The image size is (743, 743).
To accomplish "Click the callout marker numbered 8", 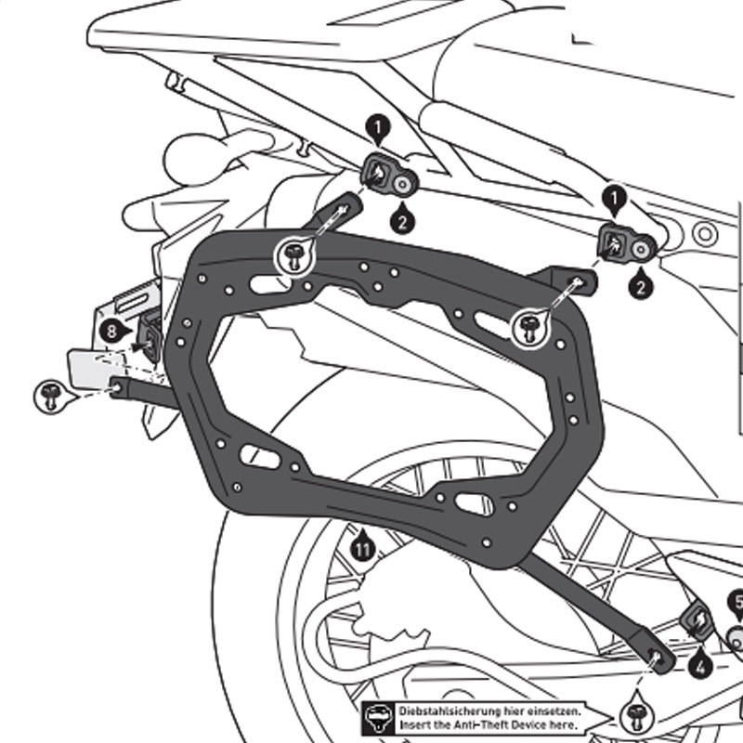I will (111, 330).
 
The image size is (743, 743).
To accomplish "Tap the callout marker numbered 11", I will (363, 549).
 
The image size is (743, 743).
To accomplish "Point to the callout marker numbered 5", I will (736, 603).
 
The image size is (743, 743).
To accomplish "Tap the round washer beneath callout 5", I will (736, 638).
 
